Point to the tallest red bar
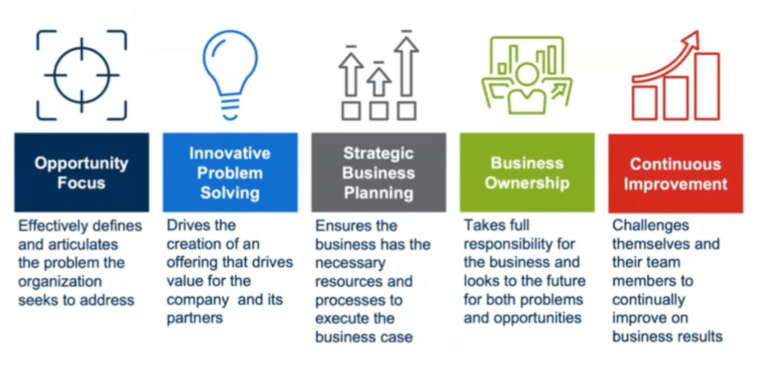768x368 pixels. (x=708, y=87)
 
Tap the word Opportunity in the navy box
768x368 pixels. (x=81, y=163)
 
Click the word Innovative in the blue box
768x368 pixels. (x=230, y=153)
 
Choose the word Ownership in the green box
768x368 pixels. (x=527, y=183)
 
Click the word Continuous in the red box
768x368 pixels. (x=676, y=164)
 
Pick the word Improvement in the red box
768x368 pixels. (x=676, y=184)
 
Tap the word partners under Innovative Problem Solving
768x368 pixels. (x=194, y=319)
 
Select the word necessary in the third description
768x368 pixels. (x=350, y=263)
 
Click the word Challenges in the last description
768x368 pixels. (x=650, y=226)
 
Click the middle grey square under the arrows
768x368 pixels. (x=379, y=111)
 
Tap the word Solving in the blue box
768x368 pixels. (x=230, y=193)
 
